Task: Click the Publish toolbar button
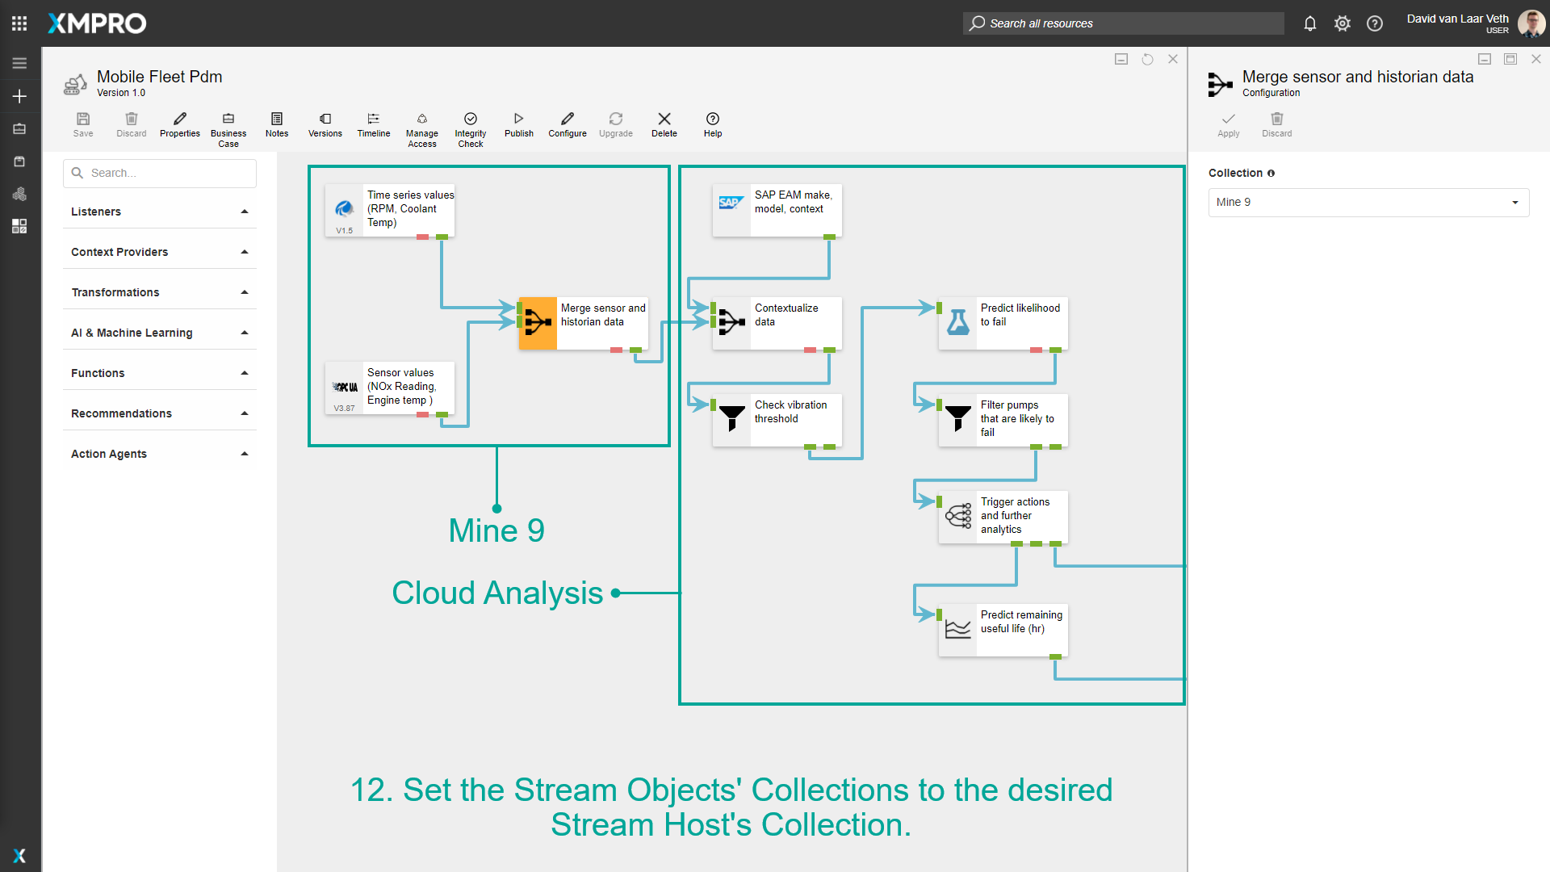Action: coord(518,124)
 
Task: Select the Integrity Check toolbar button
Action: coord(471,128)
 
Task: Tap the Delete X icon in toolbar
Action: coord(664,119)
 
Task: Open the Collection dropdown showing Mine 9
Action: coord(1368,203)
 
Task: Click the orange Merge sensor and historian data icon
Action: coord(538,323)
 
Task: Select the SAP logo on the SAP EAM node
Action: coord(731,203)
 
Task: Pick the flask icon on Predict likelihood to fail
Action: coord(958,323)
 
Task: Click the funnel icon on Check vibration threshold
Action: coord(731,418)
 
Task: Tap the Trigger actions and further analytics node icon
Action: coord(958,517)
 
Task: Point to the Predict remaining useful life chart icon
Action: coord(958,630)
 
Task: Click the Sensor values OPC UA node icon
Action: coord(345,388)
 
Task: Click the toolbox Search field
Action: coord(160,174)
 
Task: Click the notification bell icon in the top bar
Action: coord(1310,23)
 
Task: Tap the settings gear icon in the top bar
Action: coord(1343,23)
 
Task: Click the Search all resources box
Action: coord(1123,23)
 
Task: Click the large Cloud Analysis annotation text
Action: coord(497,593)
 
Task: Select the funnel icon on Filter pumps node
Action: coord(958,418)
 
